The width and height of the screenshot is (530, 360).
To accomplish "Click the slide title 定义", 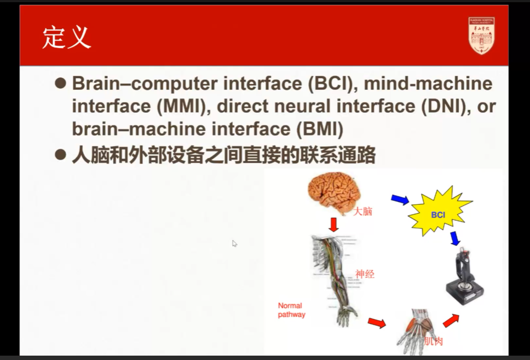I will [66, 38].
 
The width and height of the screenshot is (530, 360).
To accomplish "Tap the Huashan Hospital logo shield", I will [481, 36].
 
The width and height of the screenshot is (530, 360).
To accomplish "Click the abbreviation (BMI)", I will [320, 129].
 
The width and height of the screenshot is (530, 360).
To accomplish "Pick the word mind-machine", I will [428, 84].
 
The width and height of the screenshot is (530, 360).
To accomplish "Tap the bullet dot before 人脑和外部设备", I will [60, 155].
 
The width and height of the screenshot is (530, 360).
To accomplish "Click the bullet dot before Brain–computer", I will [60, 83].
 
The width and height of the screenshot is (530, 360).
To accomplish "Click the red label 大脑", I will [362, 211].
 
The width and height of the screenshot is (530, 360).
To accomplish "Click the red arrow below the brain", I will [333, 223].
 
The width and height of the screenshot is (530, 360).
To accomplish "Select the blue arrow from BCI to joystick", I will [454, 239].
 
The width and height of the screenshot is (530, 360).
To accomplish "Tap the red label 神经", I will [365, 274].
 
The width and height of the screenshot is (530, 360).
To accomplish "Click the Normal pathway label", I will [291, 310].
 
